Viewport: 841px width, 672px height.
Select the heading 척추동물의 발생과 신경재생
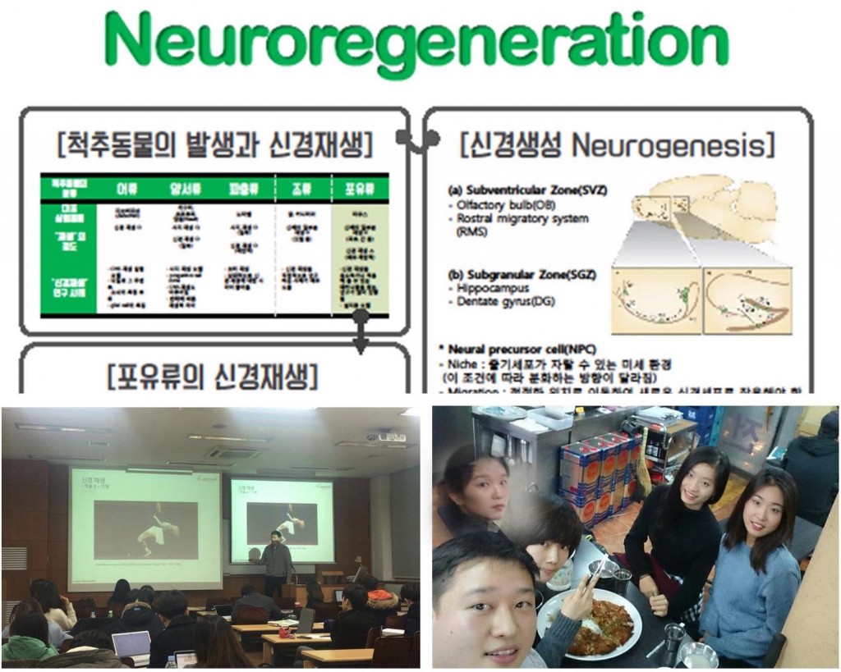(215, 147)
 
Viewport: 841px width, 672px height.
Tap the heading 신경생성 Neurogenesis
(618, 147)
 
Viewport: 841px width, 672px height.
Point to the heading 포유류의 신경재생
(212, 377)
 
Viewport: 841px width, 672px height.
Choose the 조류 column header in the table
(300, 187)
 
